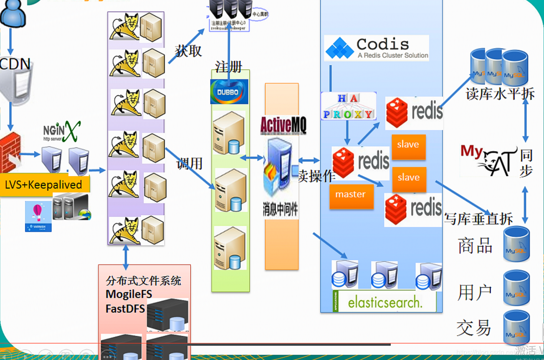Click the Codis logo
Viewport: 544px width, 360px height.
(376, 48)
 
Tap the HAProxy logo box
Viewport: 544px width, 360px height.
(348, 106)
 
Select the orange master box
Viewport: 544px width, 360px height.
(351, 195)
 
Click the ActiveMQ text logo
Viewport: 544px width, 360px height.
(283, 124)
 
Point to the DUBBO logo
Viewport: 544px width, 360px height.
(229, 91)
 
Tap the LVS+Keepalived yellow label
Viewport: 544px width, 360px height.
(44, 185)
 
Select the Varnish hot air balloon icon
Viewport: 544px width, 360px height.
(38, 216)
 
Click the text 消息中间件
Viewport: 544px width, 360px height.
(280, 210)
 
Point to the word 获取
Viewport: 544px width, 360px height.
(188, 51)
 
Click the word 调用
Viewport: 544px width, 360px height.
(189, 163)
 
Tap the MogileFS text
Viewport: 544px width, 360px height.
(129, 294)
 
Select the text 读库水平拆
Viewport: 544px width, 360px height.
(500, 94)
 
